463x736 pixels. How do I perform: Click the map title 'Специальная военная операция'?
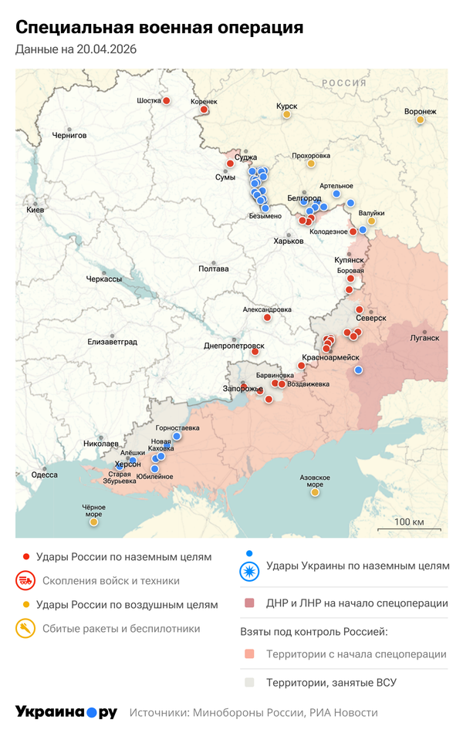point(159,28)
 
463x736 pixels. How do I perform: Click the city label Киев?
point(35,210)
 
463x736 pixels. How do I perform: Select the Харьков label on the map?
point(289,241)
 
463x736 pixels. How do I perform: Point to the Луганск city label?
point(424,338)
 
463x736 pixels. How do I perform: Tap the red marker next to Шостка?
point(166,100)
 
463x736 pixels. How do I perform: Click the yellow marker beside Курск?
point(286,114)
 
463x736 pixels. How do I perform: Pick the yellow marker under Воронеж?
point(421,120)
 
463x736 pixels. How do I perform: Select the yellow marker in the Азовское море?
point(315,492)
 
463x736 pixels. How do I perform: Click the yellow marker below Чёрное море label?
point(93,522)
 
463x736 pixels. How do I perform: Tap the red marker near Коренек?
point(204,110)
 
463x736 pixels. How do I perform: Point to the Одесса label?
point(44,474)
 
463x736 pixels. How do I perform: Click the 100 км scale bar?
point(408,528)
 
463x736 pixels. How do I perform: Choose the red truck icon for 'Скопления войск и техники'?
point(25,580)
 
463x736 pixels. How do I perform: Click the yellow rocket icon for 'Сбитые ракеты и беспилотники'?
point(25,629)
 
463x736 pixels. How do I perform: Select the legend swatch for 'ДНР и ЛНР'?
point(248,603)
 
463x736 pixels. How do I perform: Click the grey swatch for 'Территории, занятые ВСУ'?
point(248,683)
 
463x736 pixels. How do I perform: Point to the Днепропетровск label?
point(235,346)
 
